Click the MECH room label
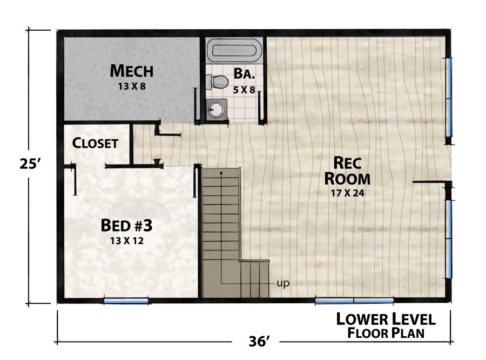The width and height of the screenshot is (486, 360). tap(132, 71)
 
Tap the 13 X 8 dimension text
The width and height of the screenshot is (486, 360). tap(132, 85)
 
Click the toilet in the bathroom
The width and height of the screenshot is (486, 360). tap(218, 83)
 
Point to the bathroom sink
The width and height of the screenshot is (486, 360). tap(216, 110)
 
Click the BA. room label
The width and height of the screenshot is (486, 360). tap(244, 73)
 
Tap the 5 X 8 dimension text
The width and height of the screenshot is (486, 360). tap(244, 90)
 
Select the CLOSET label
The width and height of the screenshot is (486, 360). tap(95, 144)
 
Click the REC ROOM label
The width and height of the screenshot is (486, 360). tap(351, 170)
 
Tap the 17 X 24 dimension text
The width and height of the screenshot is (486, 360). tap(351, 193)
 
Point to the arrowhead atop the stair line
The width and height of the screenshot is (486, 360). tap(221, 172)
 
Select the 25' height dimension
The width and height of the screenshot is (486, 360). tap(27, 164)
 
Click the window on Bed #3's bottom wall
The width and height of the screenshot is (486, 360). tap(126, 300)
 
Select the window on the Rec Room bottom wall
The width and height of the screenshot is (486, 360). tap(354, 300)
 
